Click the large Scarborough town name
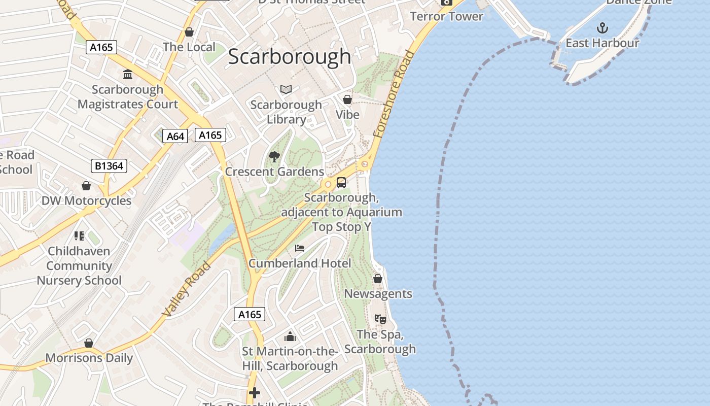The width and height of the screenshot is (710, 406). click(289, 56)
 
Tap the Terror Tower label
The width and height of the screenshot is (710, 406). click(446, 16)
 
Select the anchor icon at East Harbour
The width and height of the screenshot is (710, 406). click(602, 27)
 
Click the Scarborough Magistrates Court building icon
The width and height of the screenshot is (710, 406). click(128, 74)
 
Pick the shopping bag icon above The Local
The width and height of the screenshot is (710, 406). click(189, 32)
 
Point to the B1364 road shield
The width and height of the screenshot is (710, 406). click(109, 165)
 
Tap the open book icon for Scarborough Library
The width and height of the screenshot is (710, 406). click(286, 90)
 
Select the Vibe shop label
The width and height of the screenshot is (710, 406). click(347, 115)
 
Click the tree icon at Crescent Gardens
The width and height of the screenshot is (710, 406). click(274, 156)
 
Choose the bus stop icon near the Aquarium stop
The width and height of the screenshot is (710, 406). click(341, 183)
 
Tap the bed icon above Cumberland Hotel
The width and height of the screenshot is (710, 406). click(300, 248)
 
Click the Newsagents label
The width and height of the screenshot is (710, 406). click(378, 294)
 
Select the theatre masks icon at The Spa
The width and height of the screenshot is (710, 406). click(380, 319)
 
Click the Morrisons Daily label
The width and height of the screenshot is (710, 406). click(89, 358)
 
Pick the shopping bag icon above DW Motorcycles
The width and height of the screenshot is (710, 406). click(86, 186)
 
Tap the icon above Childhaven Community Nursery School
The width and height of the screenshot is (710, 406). click(79, 235)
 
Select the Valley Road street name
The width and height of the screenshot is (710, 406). click(186, 289)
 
